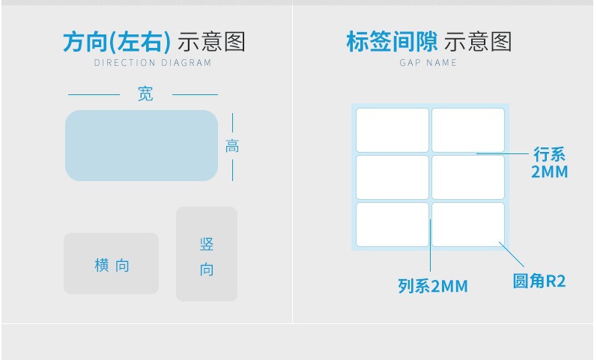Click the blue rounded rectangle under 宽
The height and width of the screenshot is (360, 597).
click(x=141, y=145)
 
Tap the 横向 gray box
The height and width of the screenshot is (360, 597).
click(x=111, y=263)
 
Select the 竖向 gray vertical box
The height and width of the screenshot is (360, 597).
click(x=207, y=254)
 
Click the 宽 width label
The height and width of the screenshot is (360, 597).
click(x=145, y=94)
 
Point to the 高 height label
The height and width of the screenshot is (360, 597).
click(x=232, y=147)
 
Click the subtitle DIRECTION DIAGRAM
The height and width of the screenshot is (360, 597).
click(x=153, y=63)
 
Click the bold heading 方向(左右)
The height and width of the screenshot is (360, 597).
click(x=117, y=42)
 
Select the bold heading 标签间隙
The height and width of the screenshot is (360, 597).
click(x=392, y=42)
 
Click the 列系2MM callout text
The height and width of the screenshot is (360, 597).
click(x=432, y=286)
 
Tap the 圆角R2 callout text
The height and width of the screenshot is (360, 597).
click(x=539, y=281)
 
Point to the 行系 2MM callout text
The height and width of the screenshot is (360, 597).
click(x=549, y=163)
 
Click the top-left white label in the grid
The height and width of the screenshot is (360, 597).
click(x=392, y=130)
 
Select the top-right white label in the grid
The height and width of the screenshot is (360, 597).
click(x=468, y=130)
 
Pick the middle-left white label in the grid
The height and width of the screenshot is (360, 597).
click(x=392, y=177)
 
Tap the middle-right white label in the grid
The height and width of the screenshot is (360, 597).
click(x=468, y=177)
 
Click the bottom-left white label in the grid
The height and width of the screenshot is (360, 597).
click(x=392, y=225)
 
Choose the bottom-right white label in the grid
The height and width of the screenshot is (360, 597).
click(x=468, y=225)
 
